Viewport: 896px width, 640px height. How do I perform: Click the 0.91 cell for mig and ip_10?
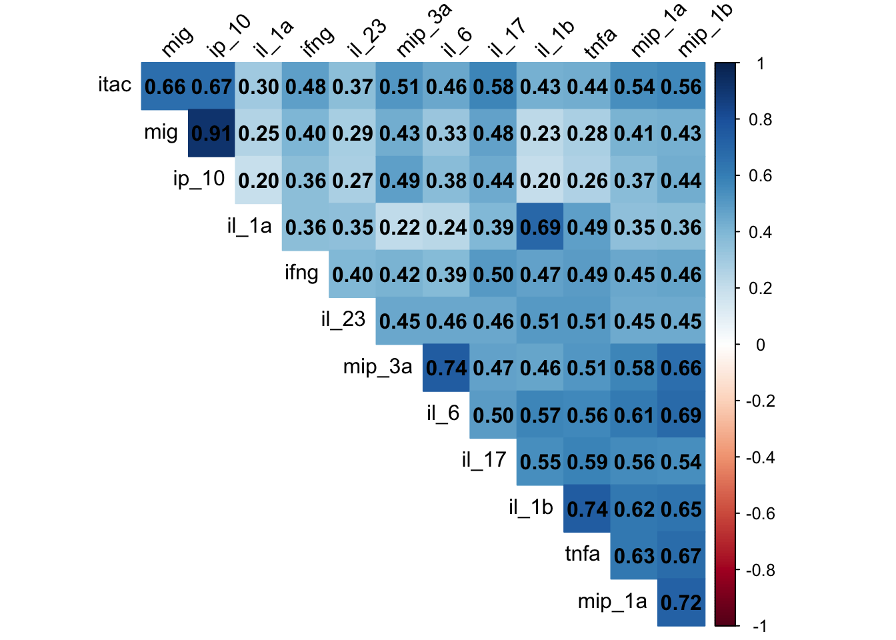point(211,133)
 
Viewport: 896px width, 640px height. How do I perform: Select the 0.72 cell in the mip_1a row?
point(681,603)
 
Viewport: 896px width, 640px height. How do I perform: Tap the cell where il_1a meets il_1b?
point(540,227)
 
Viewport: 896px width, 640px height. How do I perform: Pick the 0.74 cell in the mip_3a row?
point(446,368)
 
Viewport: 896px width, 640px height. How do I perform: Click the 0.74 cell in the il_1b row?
point(587,509)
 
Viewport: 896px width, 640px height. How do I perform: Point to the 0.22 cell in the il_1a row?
point(399,227)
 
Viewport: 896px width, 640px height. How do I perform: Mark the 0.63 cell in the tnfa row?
point(634,556)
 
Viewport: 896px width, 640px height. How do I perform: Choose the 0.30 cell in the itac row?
point(259,87)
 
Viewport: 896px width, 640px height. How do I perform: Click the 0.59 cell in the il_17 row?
point(587,462)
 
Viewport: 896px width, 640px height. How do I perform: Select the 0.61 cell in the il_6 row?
point(634,415)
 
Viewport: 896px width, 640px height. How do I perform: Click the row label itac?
point(115,85)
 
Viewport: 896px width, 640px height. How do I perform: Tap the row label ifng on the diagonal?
point(301,273)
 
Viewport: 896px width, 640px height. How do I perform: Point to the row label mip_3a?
point(377,367)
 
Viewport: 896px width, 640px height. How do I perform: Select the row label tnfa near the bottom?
point(582,554)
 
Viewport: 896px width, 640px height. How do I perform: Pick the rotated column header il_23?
point(366,37)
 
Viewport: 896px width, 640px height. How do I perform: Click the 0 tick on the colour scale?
point(760,345)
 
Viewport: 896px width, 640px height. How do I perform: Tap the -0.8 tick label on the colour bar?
point(760,570)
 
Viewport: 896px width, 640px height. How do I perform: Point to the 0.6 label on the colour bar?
point(760,176)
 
